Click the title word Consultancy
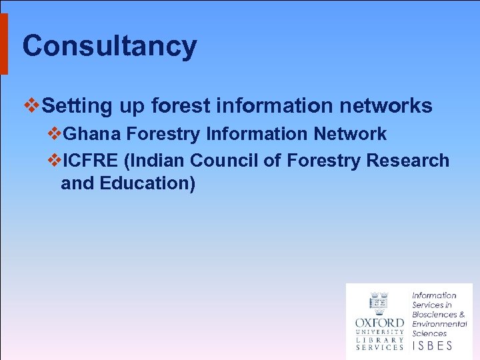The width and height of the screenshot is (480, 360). coord(109,46)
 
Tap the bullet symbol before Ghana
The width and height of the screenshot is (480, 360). coord(54,134)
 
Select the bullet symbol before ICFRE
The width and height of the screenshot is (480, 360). coord(54,161)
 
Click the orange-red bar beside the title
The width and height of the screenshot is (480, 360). coord(3,44)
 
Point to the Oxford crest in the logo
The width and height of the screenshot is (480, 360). coord(379,303)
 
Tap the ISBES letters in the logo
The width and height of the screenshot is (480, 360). coord(433,345)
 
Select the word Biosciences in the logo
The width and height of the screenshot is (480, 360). coord(434,314)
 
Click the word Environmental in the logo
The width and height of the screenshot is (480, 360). coord(439,324)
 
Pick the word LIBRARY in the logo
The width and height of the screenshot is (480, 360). coord(379,339)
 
